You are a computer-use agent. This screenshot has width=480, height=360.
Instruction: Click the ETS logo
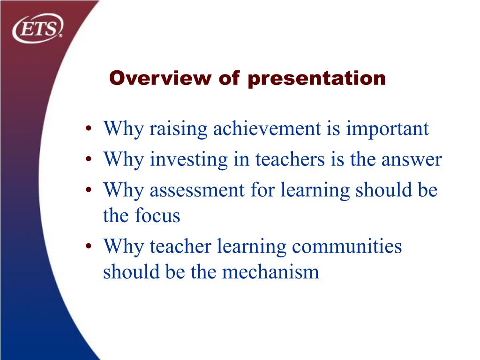tap(38, 28)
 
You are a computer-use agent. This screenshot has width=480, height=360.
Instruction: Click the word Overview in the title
tap(160, 78)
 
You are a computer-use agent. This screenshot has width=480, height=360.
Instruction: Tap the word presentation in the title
tap(316, 79)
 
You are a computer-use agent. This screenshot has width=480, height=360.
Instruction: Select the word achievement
tap(267, 128)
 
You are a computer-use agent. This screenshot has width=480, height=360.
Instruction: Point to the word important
tap(387, 129)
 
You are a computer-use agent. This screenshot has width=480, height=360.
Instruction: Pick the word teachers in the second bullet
tap(290, 159)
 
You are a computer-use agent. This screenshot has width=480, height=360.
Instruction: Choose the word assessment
tap(197, 190)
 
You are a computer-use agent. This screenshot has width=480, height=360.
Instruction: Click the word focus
tap(157, 215)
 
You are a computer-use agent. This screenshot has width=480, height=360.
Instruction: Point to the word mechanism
tap(270, 271)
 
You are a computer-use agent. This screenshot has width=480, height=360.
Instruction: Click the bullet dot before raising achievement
tap(89, 129)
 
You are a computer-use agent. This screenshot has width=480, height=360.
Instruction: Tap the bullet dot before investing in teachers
tap(89, 159)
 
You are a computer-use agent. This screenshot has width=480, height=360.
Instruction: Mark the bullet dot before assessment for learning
tap(89, 190)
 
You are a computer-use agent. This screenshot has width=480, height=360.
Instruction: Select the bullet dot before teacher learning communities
tap(89, 247)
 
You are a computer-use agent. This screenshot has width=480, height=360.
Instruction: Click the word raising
tap(178, 129)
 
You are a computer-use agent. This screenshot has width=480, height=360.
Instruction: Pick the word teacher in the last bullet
tap(180, 247)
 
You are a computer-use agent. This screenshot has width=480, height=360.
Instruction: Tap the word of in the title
tap(229, 78)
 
